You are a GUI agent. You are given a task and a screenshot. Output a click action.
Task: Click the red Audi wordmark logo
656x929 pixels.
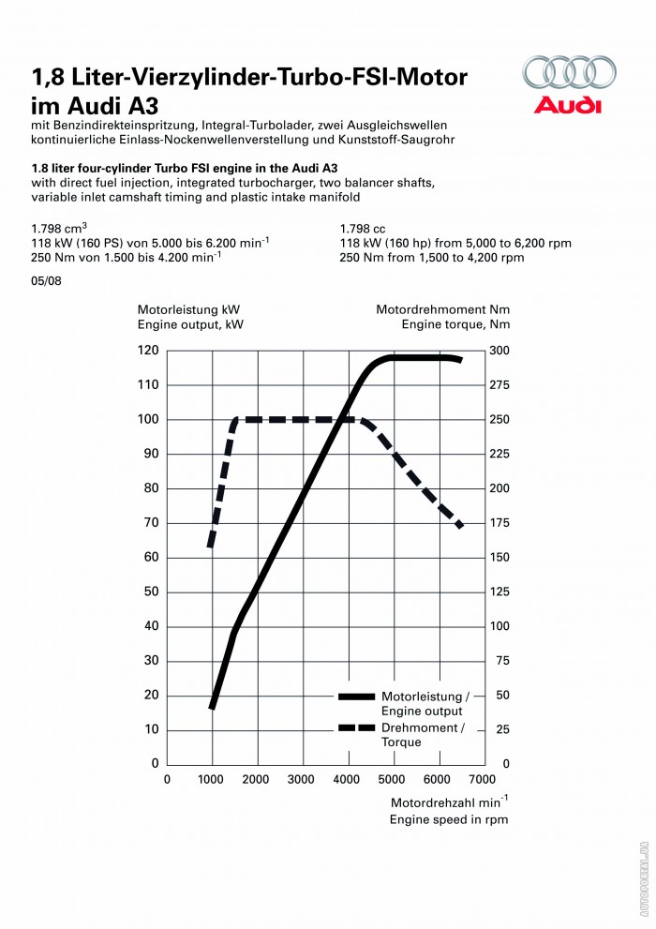[568, 104]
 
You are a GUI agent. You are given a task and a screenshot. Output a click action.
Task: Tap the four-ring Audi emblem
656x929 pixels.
[569, 73]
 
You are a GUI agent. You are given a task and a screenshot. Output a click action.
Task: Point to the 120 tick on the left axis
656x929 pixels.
[148, 351]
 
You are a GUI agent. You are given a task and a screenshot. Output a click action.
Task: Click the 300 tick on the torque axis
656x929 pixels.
[500, 351]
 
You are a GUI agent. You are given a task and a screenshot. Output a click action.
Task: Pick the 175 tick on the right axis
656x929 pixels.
[500, 523]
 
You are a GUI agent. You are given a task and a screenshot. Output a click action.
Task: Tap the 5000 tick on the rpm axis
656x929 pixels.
[392, 779]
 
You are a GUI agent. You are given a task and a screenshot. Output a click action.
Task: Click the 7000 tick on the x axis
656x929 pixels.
[482, 779]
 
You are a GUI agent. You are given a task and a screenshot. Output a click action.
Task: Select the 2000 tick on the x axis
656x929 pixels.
[257, 779]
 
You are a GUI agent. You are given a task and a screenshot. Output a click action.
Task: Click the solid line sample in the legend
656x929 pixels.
[356, 697]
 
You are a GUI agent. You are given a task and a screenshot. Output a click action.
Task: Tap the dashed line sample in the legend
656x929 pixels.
[356, 727]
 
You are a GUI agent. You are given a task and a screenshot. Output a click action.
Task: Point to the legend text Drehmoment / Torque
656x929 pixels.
[422, 735]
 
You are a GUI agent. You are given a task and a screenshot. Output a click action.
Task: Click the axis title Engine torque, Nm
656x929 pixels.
[455, 324]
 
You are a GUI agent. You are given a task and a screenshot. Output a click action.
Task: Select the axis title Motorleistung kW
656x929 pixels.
[189, 309]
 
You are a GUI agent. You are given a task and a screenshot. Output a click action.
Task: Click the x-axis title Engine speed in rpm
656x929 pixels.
[449, 818]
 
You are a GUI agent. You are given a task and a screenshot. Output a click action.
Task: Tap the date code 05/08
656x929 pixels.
[45, 280]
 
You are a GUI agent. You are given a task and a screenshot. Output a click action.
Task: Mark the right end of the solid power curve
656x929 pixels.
[459, 360]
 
